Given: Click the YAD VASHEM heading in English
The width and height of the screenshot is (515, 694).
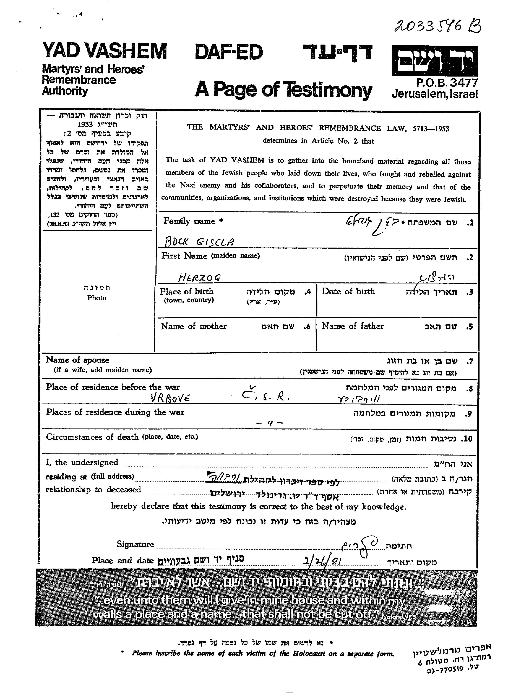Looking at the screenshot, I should (x=104, y=51).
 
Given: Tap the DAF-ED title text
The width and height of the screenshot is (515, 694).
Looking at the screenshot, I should (x=229, y=52).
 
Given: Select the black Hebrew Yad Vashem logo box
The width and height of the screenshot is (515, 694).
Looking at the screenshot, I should (x=434, y=61).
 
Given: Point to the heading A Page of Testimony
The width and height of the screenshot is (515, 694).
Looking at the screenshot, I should (x=283, y=90).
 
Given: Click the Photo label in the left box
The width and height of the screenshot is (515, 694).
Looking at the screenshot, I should (x=97, y=298).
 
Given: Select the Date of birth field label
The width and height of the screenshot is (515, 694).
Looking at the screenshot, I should (x=348, y=292).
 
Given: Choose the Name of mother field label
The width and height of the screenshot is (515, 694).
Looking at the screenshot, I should (x=194, y=326).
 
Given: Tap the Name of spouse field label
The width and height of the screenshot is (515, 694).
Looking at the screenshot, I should (x=78, y=360).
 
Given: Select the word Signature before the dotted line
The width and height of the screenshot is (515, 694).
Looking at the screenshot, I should (x=135, y=544).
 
